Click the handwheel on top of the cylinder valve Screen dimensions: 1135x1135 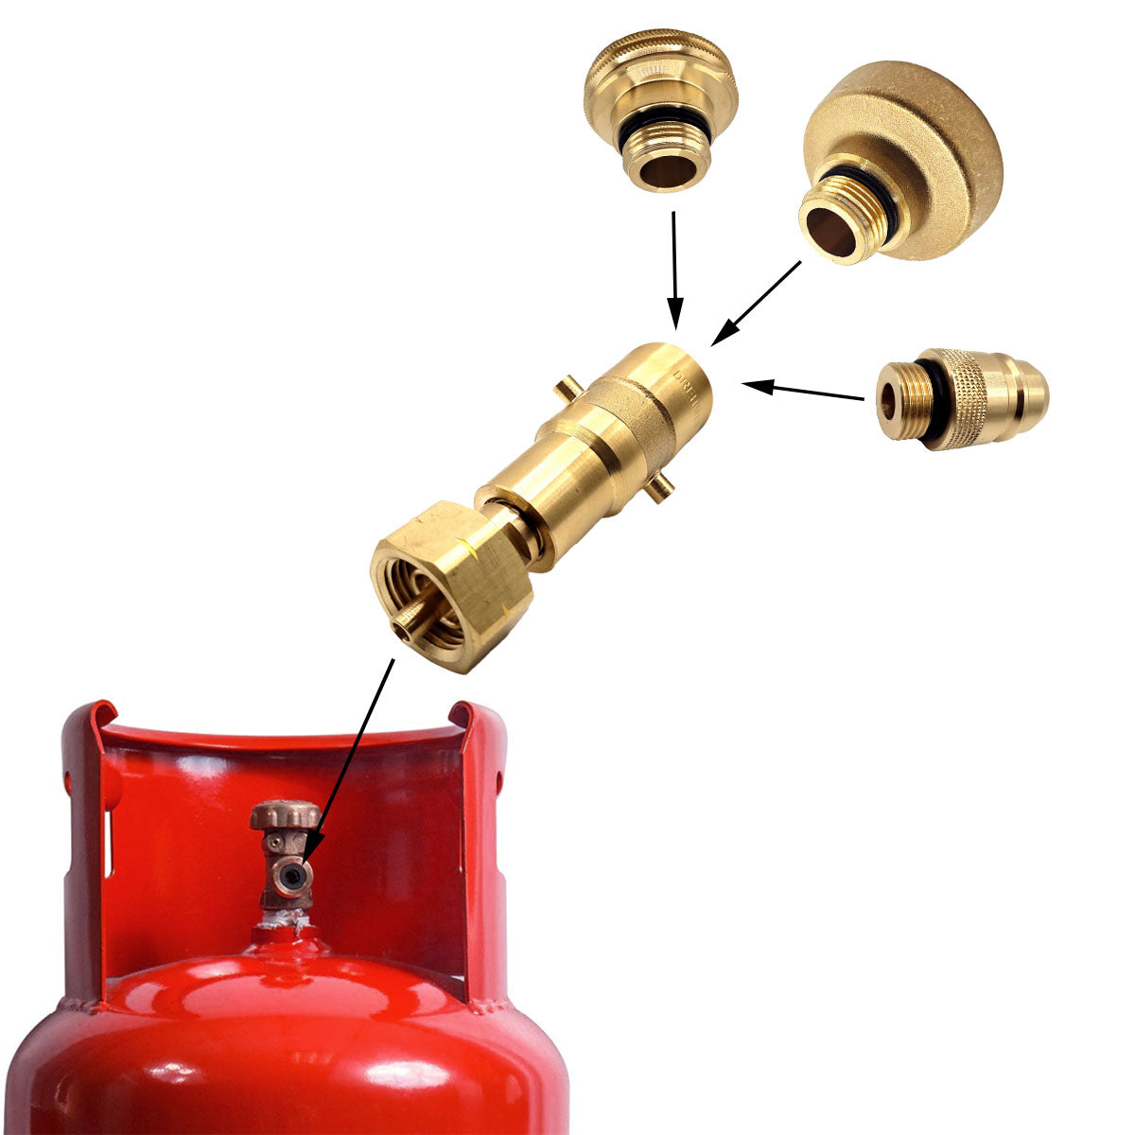[284, 814]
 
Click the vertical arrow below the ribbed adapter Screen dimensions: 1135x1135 [674, 269]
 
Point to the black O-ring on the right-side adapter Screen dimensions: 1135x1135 [936, 402]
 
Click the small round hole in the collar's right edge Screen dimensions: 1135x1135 [498, 781]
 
